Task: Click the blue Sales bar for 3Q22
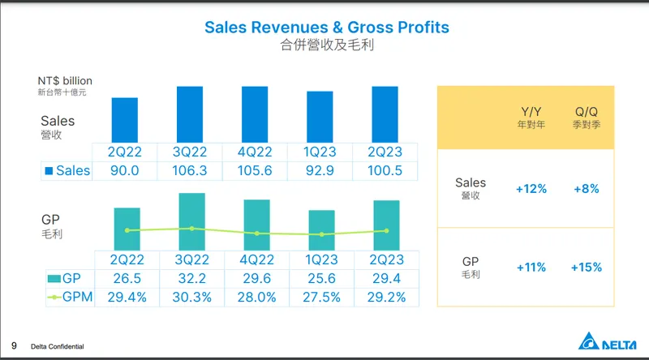191,114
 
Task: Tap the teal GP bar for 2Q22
127,229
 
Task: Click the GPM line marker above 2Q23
386,230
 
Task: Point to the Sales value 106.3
191,171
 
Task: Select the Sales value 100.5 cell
385,171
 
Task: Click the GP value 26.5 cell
127,279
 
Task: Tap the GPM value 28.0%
256,298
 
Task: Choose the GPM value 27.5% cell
320,298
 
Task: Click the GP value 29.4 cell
385,279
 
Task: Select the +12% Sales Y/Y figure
531,189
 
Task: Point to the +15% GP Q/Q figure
585,267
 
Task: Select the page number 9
13,345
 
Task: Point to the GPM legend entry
68,298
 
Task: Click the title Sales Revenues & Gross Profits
326,28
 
